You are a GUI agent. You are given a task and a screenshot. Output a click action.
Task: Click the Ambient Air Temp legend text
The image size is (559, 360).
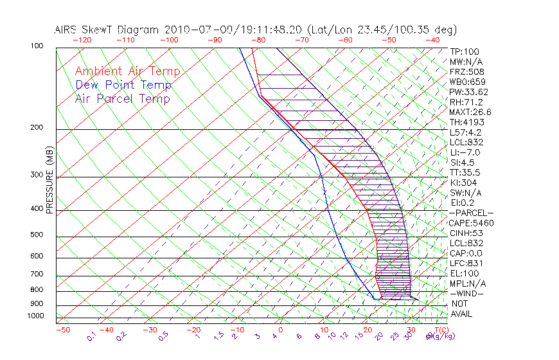pyautogui.click(x=127, y=71)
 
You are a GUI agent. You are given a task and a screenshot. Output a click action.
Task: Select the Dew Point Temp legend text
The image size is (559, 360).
pyautogui.click(x=123, y=85)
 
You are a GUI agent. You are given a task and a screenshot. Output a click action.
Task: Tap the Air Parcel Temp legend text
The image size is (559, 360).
pyautogui.click(x=122, y=98)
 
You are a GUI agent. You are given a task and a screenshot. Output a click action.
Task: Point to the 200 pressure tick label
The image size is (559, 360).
pyautogui.click(x=37, y=128)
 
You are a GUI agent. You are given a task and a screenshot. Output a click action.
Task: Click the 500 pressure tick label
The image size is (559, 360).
pyautogui.click(x=37, y=235)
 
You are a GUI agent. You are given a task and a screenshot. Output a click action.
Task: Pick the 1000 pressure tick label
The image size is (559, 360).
pyautogui.click(x=35, y=316)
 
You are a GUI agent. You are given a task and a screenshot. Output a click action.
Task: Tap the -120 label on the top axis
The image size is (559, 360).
pyautogui.click(x=82, y=40)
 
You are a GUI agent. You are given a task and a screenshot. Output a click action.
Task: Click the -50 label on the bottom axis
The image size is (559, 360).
pyautogui.click(x=62, y=330)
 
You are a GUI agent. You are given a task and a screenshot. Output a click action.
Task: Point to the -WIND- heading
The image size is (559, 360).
pyautogui.click(x=467, y=293)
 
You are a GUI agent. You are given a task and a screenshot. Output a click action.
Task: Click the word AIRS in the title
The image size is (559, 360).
pyautogui.click(x=68, y=30)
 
